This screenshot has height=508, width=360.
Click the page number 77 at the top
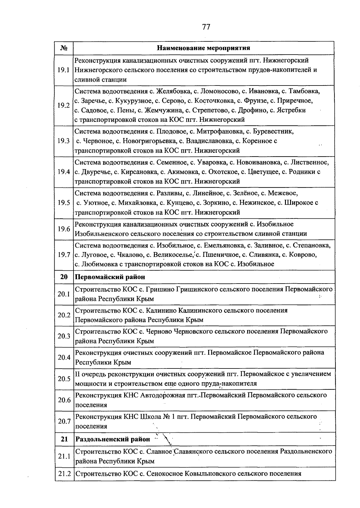(x=206, y=27)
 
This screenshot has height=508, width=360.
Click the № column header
(x=64, y=48)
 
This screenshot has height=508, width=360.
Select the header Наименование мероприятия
(x=204, y=48)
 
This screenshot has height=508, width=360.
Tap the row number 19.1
(x=64, y=70)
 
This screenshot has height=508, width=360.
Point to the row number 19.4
(x=64, y=172)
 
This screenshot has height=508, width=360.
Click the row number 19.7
(x=64, y=255)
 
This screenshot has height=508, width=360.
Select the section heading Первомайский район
(x=110, y=277)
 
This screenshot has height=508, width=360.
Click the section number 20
(x=64, y=277)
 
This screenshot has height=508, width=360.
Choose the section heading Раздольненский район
(x=112, y=439)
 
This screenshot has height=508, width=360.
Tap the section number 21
(x=64, y=439)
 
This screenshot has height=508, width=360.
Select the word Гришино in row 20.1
(x=160, y=289)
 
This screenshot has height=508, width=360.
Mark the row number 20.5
(x=64, y=379)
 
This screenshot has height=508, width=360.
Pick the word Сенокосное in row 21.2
(x=164, y=474)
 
